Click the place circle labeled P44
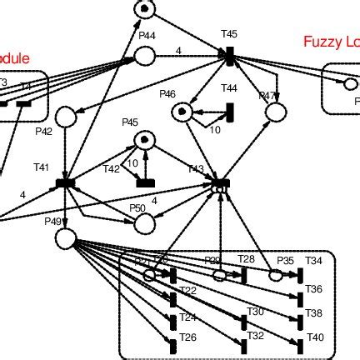coord(144,56)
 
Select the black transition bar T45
coord(228,55)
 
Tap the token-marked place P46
coord(182,112)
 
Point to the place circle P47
coord(276,112)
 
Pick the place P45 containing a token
coord(145,139)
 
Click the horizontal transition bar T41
coord(66,182)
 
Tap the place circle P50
coord(145,223)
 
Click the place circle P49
coord(66,239)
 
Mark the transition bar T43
coord(221,182)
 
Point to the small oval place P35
coord(276,274)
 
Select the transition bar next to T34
coord(301,276)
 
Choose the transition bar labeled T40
coord(301,343)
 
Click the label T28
coord(246,259)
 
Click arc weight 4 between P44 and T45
coord(178,50)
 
